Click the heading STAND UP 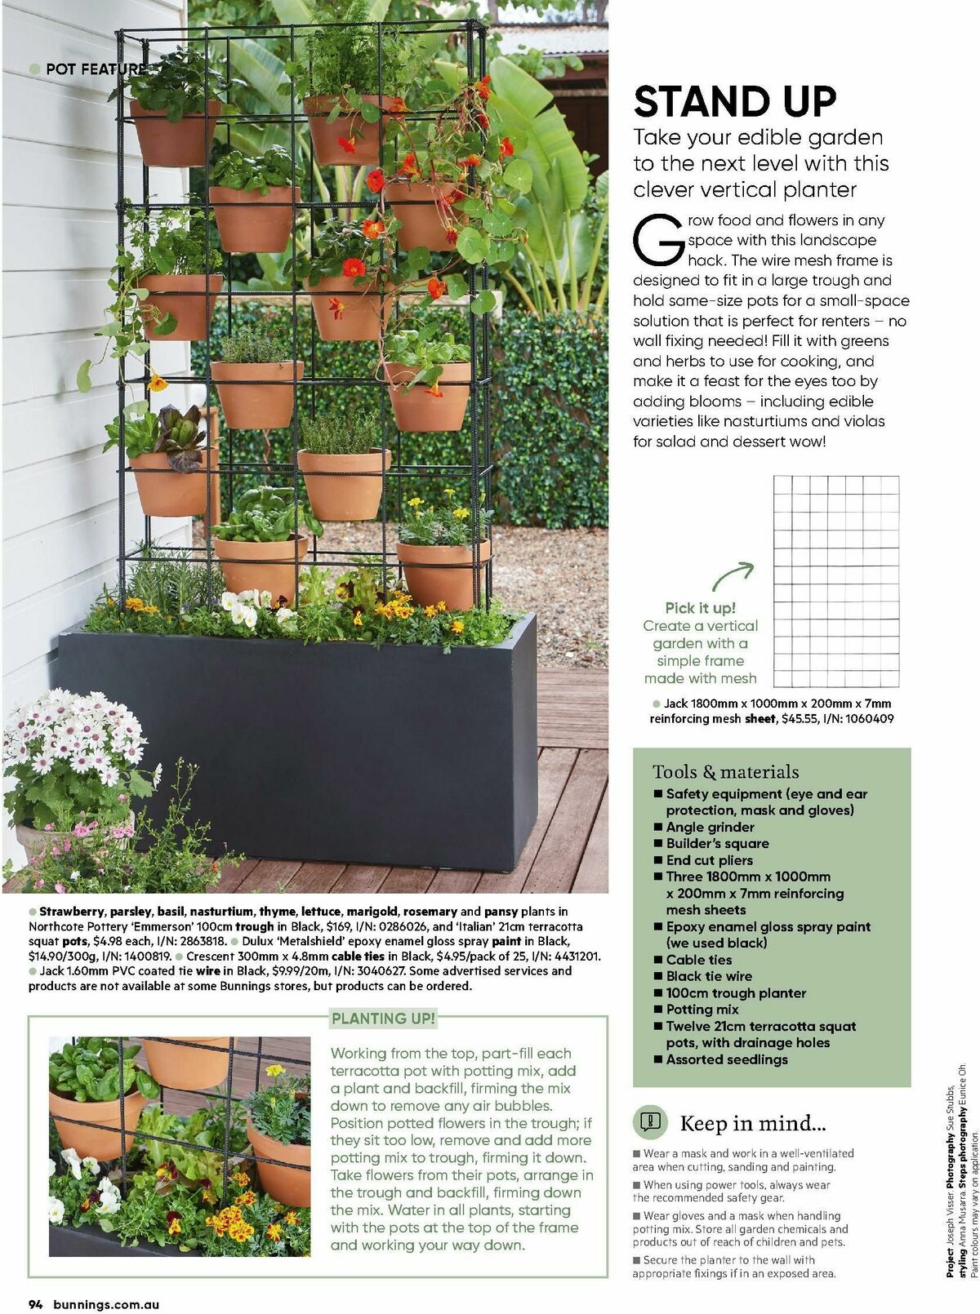(735, 102)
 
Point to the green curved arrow (732, 575)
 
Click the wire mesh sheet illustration (835, 581)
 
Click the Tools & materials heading (725, 771)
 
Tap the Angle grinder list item (710, 827)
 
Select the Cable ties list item (698, 960)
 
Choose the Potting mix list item (702, 1010)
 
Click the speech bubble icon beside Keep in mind (650, 1121)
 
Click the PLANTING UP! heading (383, 1019)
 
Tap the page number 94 (36, 1304)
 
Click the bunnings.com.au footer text (106, 1304)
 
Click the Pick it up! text (700, 608)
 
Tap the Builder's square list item (717, 843)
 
